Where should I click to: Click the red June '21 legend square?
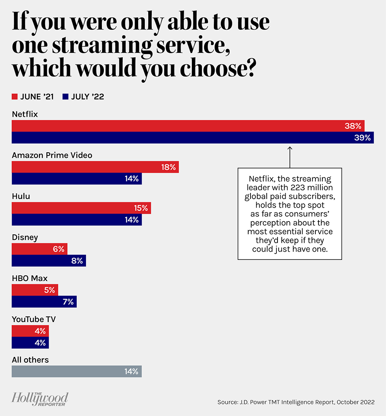[x=15, y=97]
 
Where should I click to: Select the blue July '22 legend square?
[x=65, y=97]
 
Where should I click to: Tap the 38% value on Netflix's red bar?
[x=353, y=126]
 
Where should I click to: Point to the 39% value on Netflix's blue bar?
[x=362, y=138]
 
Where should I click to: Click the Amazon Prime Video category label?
[x=52, y=155]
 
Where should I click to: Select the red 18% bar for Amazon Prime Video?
[x=95, y=167]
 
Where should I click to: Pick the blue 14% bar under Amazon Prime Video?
[x=77, y=179]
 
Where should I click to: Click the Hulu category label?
[x=21, y=196]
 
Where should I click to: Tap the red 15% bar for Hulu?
[x=81, y=208]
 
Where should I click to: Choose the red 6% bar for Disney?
[x=40, y=249]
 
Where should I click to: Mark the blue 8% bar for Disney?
[x=49, y=261]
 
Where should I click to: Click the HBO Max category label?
[x=30, y=278]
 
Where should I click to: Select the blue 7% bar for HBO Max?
[x=44, y=302]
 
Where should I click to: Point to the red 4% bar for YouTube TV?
[x=30, y=331]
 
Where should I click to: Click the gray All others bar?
[x=77, y=372]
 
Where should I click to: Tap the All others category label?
[x=30, y=360]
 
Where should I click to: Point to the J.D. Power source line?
[x=296, y=402]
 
